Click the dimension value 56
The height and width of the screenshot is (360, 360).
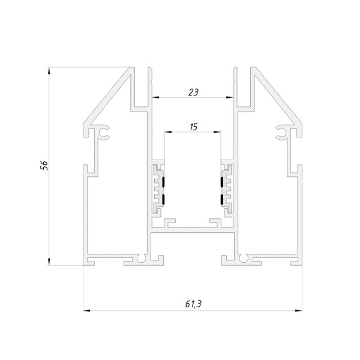pyautogui.click(x=44, y=166)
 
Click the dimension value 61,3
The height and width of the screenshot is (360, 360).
pyautogui.click(x=193, y=304)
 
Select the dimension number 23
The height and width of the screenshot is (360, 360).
pyautogui.click(x=193, y=92)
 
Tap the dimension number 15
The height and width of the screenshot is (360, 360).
pyautogui.click(x=193, y=127)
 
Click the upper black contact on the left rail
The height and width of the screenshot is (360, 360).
pyautogui.click(x=163, y=182)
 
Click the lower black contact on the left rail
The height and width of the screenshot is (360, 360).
pyautogui.click(x=163, y=199)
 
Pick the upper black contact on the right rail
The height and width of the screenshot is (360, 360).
pyautogui.click(x=222, y=182)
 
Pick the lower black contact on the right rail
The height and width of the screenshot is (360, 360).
pyautogui.click(x=222, y=199)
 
